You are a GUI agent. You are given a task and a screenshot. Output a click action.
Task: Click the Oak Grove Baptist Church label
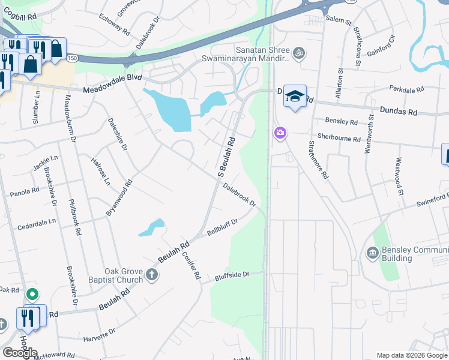tap(124, 275)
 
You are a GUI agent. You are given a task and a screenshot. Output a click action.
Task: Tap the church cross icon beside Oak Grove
tap(152, 275)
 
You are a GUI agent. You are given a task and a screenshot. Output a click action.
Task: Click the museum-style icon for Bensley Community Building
tap(372, 253)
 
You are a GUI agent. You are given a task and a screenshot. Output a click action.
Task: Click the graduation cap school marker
tap(295, 96)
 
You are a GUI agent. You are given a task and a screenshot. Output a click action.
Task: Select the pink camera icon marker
tap(280, 133)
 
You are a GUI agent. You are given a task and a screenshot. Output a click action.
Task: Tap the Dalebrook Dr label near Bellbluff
tap(240, 196)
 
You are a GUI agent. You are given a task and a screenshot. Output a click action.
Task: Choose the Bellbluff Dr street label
tap(222, 227)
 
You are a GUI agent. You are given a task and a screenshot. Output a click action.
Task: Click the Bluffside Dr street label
tap(232, 277)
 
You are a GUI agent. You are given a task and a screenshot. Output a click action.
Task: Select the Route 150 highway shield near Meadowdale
tap(72, 58)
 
